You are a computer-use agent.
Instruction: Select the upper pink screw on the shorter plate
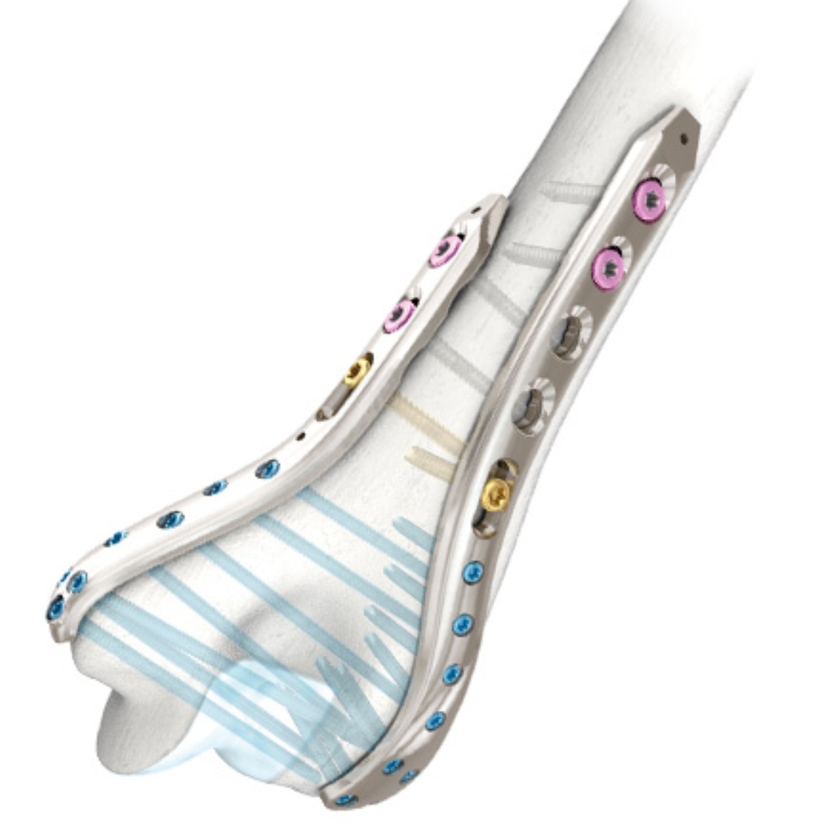click(x=446, y=249)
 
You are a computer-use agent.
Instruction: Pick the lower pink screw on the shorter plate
click(x=400, y=314)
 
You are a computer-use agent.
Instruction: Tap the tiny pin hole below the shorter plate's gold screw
click(x=300, y=436)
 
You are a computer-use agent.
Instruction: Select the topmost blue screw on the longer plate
click(x=472, y=572)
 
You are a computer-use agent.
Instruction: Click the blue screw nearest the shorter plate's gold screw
click(x=268, y=469)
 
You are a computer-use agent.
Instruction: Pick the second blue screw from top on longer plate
click(x=462, y=624)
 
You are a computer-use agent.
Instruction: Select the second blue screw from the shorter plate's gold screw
click(x=215, y=488)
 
